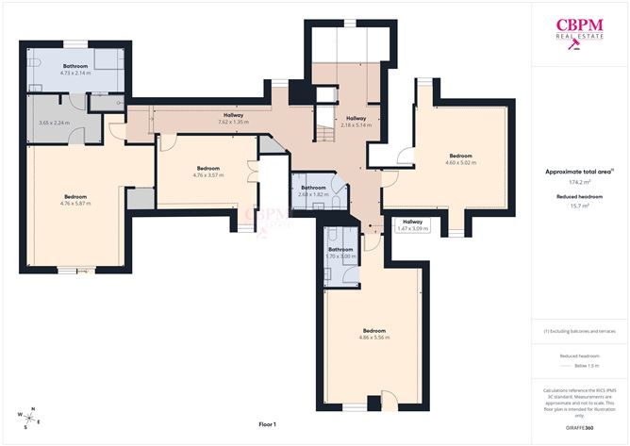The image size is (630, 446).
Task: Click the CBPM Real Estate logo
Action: (580, 36)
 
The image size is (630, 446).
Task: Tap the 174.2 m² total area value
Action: (580, 182)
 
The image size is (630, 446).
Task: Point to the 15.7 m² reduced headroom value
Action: (580, 205)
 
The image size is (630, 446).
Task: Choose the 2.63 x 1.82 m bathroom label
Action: (313, 190)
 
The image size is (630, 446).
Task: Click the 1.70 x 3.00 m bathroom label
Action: (340, 253)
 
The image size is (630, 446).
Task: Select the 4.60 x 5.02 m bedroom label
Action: (460, 158)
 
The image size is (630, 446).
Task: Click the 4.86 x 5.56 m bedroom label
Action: (374, 334)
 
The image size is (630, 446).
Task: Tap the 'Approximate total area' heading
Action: (580, 171)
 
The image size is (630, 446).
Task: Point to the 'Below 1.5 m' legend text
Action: (580, 365)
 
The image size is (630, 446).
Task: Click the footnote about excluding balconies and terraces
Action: (580, 331)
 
